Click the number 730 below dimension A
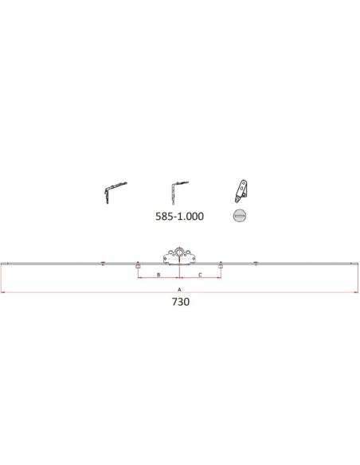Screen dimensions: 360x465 point(181,302)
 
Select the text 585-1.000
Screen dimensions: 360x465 point(180,217)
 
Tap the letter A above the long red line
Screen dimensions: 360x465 point(179,290)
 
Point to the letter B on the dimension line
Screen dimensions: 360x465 point(158,275)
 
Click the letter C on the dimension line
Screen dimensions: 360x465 point(200,275)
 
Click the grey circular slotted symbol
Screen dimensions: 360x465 point(240,216)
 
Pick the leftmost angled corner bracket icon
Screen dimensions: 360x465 point(115,193)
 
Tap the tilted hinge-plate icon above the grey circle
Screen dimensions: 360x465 point(241,191)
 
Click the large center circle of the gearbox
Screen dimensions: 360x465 point(179,252)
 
